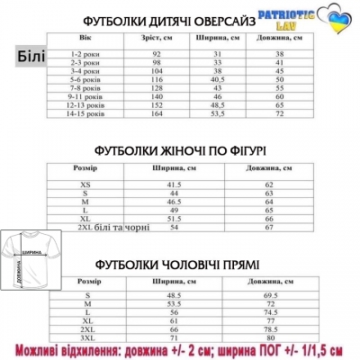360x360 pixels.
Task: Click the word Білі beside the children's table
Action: click(31, 57)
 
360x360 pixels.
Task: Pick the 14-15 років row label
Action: click(87, 114)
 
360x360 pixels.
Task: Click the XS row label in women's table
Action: click(85, 184)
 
